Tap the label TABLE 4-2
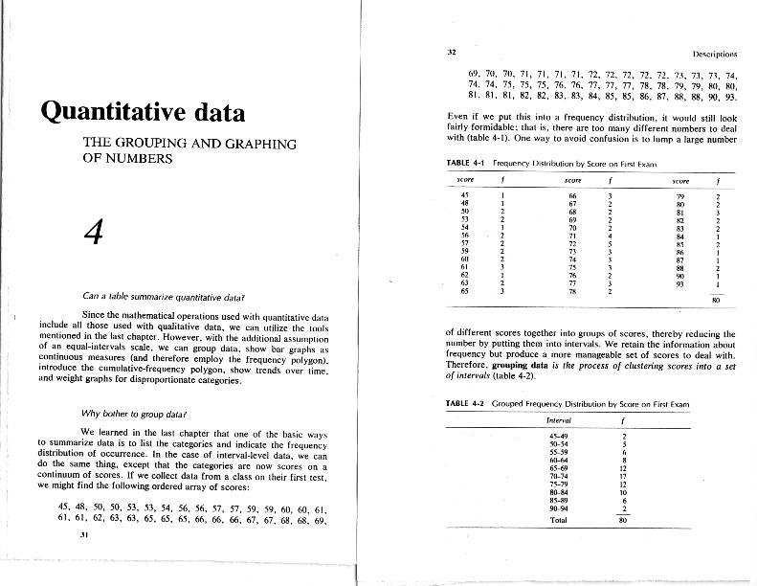(468, 403)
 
